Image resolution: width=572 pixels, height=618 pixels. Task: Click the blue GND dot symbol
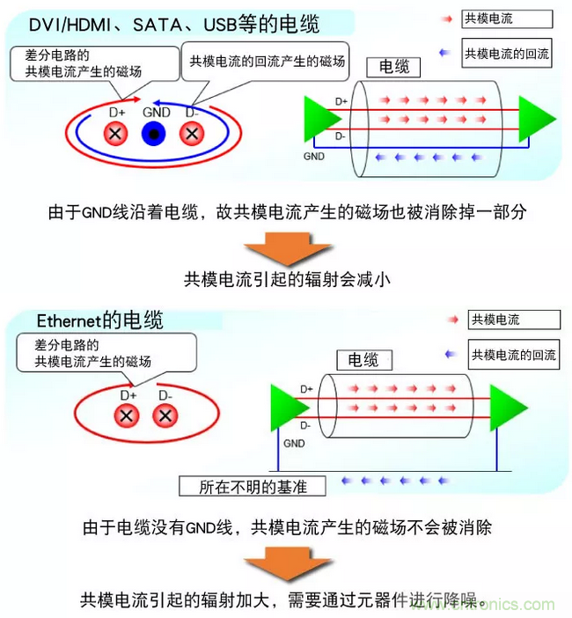pos(154,133)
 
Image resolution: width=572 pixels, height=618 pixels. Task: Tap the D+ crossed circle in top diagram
pos(116,133)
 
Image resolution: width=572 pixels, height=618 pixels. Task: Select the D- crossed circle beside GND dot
pos(192,133)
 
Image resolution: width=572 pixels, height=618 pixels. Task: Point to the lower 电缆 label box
pos(363,359)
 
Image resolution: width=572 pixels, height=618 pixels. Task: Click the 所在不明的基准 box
pos(251,485)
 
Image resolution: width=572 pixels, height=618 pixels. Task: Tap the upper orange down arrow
pos(286,248)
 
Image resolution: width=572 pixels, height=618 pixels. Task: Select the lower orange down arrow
pos(286,563)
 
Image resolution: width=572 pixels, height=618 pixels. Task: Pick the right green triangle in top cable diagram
pos(535,120)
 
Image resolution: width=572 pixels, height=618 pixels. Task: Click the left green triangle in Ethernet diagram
pos(290,407)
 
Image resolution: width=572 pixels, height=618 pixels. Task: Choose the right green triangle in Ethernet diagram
pos(508,407)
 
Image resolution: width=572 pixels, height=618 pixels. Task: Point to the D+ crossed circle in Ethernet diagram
pos(128,415)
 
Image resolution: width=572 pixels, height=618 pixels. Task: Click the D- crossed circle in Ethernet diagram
pos(165,415)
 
